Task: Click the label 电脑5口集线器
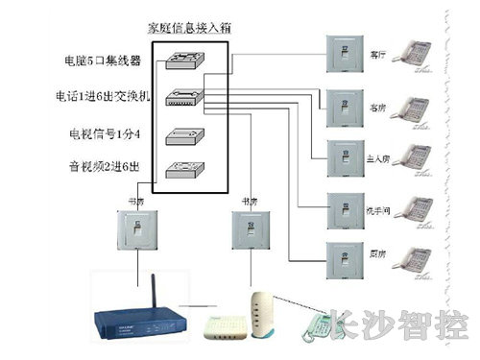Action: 97,61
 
